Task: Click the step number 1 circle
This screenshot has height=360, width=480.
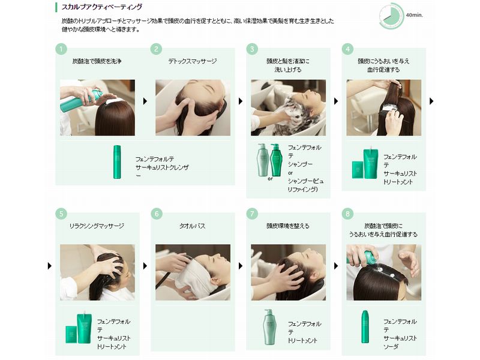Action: pos(61,49)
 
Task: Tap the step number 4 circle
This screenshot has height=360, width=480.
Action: pos(347,49)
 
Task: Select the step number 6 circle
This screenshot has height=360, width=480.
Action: pos(157,214)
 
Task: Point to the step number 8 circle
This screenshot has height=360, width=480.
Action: pos(347,214)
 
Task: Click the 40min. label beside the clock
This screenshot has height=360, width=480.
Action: pos(415,15)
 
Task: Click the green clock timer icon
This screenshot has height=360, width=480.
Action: pos(392,16)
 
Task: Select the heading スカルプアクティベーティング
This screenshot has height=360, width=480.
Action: pos(102,7)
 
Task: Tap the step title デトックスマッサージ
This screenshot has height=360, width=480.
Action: pos(193,61)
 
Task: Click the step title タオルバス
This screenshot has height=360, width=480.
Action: pos(192,226)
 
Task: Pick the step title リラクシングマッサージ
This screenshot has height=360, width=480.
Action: pos(97,226)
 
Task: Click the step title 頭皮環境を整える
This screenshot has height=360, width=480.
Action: pos(288,226)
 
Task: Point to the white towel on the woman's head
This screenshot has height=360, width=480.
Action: pos(192,274)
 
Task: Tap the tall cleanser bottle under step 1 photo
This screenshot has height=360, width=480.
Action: pos(117,162)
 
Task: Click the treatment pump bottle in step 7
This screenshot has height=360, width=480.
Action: pos(269,327)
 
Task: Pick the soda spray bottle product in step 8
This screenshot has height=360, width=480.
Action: pos(365,326)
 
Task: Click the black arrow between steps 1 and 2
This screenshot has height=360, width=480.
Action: pos(145,101)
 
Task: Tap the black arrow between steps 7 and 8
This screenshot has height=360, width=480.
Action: pos(336,266)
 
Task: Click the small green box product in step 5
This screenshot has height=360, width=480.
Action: pos(71,335)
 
